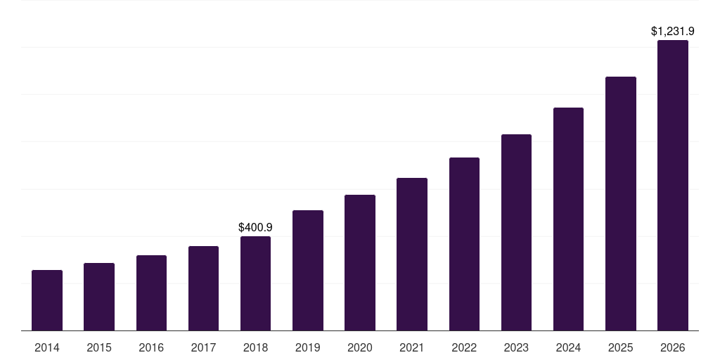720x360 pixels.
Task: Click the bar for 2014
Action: click(x=47, y=300)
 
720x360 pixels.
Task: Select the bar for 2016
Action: click(x=151, y=292)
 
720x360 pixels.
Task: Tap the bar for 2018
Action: click(x=255, y=283)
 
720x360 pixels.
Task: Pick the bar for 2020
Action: click(x=360, y=262)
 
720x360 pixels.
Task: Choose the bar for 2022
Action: click(x=464, y=244)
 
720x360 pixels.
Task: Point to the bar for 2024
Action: click(x=568, y=219)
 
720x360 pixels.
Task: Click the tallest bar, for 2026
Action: click(x=673, y=185)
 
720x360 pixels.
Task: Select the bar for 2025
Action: click(x=621, y=203)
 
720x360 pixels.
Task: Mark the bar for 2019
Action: click(x=308, y=270)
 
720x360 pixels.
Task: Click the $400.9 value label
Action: click(x=255, y=228)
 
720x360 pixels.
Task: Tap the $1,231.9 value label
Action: click(x=673, y=32)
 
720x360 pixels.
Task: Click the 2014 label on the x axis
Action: click(x=47, y=347)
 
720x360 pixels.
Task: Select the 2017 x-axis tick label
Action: click(x=203, y=347)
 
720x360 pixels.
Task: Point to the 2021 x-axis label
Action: click(x=412, y=347)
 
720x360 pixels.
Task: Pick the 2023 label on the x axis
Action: click(x=516, y=347)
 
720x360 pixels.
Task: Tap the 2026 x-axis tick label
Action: click(x=673, y=347)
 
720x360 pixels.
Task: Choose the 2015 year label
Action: click(x=99, y=347)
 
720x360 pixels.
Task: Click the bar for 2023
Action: click(x=516, y=232)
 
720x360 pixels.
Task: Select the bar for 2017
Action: click(x=203, y=288)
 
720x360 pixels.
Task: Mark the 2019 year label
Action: click(x=308, y=347)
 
